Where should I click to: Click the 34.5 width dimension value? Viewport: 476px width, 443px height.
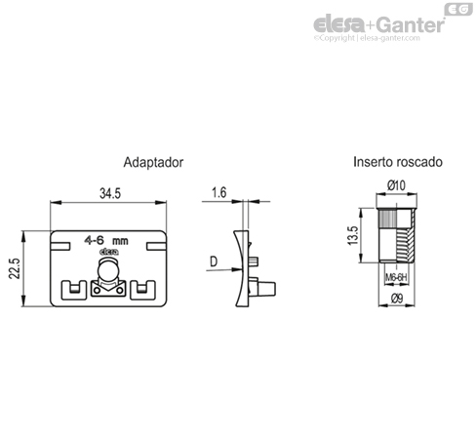coord(110,193)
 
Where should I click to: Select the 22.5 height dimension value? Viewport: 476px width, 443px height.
coord(15,268)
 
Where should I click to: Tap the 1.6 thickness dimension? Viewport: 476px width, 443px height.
coord(218,192)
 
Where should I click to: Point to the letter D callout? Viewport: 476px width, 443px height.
coord(214,262)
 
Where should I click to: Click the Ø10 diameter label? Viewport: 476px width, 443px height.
coord(396,185)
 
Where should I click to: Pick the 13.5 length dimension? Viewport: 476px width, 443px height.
coord(353,235)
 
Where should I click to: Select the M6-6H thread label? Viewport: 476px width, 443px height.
coord(396,277)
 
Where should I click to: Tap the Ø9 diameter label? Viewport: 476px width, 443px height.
coord(397,299)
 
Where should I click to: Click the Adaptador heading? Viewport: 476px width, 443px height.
coord(153,162)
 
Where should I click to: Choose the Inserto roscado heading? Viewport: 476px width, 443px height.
coord(398,162)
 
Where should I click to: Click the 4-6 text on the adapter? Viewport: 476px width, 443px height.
coord(94,240)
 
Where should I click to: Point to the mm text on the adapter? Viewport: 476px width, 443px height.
coord(120,241)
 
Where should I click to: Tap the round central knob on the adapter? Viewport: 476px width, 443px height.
coord(107,270)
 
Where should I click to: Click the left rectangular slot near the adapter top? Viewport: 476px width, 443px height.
coord(60,246)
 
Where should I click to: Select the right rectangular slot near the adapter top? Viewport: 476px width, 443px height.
coord(156,246)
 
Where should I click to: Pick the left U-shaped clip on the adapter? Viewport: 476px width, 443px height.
coord(74,290)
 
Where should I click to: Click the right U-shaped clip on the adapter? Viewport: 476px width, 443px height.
coord(142,290)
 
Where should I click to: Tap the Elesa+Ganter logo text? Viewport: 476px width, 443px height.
coord(378,24)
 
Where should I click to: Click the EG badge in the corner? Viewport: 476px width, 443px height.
coord(458,9)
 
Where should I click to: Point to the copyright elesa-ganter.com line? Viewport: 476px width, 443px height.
coord(367,38)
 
